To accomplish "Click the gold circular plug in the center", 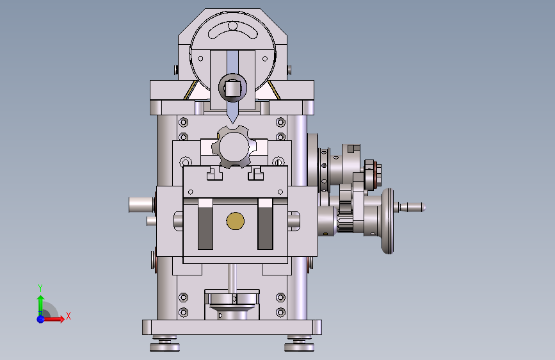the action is [x=236, y=221].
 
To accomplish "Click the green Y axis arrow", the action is [x=40, y=305].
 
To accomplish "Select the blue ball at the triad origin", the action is [x=41, y=319].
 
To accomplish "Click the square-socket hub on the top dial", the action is [x=232, y=88].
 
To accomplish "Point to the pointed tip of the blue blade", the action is [x=232, y=123].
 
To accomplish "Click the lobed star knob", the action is [x=234, y=147].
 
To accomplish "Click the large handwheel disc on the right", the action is [x=388, y=221].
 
